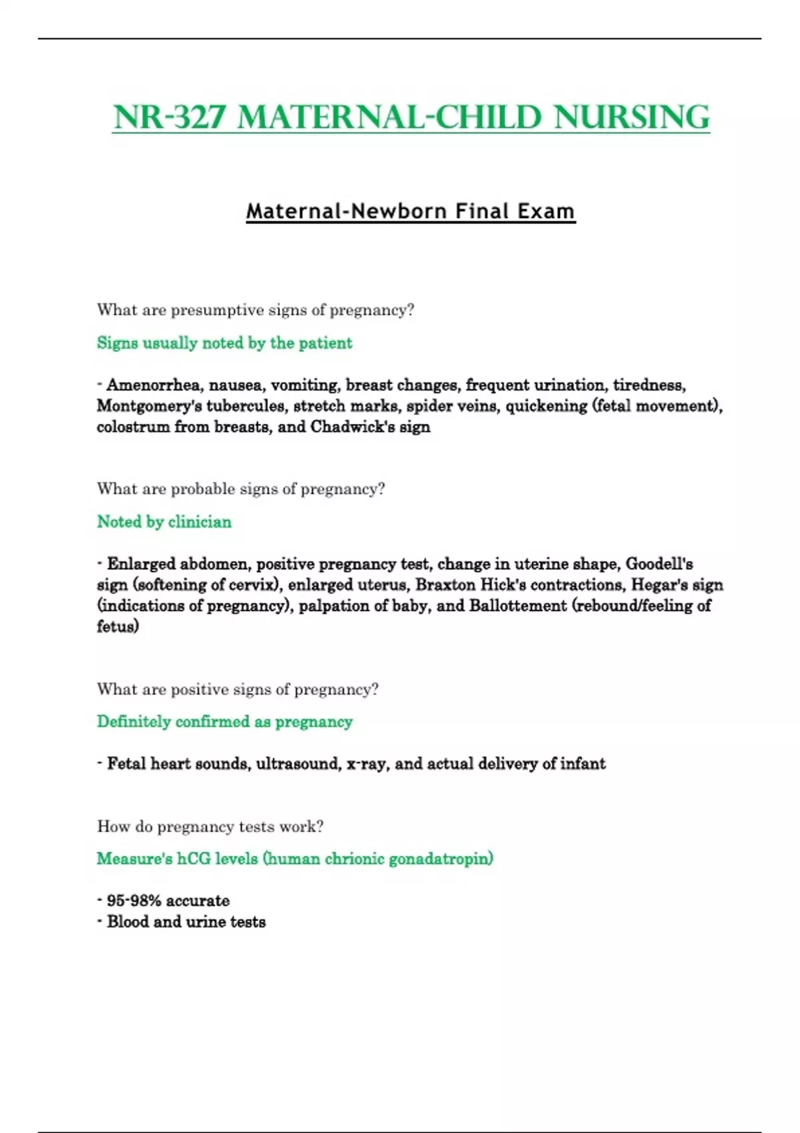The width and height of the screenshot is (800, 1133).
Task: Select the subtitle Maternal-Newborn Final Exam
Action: (x=410, y=211)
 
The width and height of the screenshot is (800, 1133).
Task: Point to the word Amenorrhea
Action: (x=153, y=385)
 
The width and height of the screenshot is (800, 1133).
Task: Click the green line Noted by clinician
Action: (x=164, y=522)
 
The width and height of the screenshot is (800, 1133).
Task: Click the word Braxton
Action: (x=445, y=585)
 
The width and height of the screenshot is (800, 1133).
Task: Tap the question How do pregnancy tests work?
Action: (x=210, y=826)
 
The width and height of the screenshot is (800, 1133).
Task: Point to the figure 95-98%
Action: (x=133, y=901)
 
